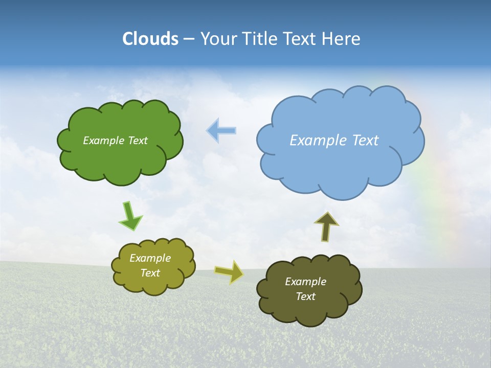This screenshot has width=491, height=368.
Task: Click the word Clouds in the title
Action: coord(150,39)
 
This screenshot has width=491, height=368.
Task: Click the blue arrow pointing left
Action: coord(221,131)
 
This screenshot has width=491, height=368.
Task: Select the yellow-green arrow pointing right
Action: coord(229,272)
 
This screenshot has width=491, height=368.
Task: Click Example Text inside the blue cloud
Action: coord(334,141)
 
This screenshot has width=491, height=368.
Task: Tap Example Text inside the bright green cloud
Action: coord(115,141)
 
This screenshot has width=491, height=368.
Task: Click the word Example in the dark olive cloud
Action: coord(305,282)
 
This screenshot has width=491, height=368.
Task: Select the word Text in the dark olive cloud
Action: coord(305,296)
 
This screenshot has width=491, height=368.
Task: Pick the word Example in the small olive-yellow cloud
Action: coord(150,258)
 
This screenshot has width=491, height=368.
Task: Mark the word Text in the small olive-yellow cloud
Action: coord(150,273)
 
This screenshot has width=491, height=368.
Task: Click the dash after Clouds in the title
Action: coord(189,39)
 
